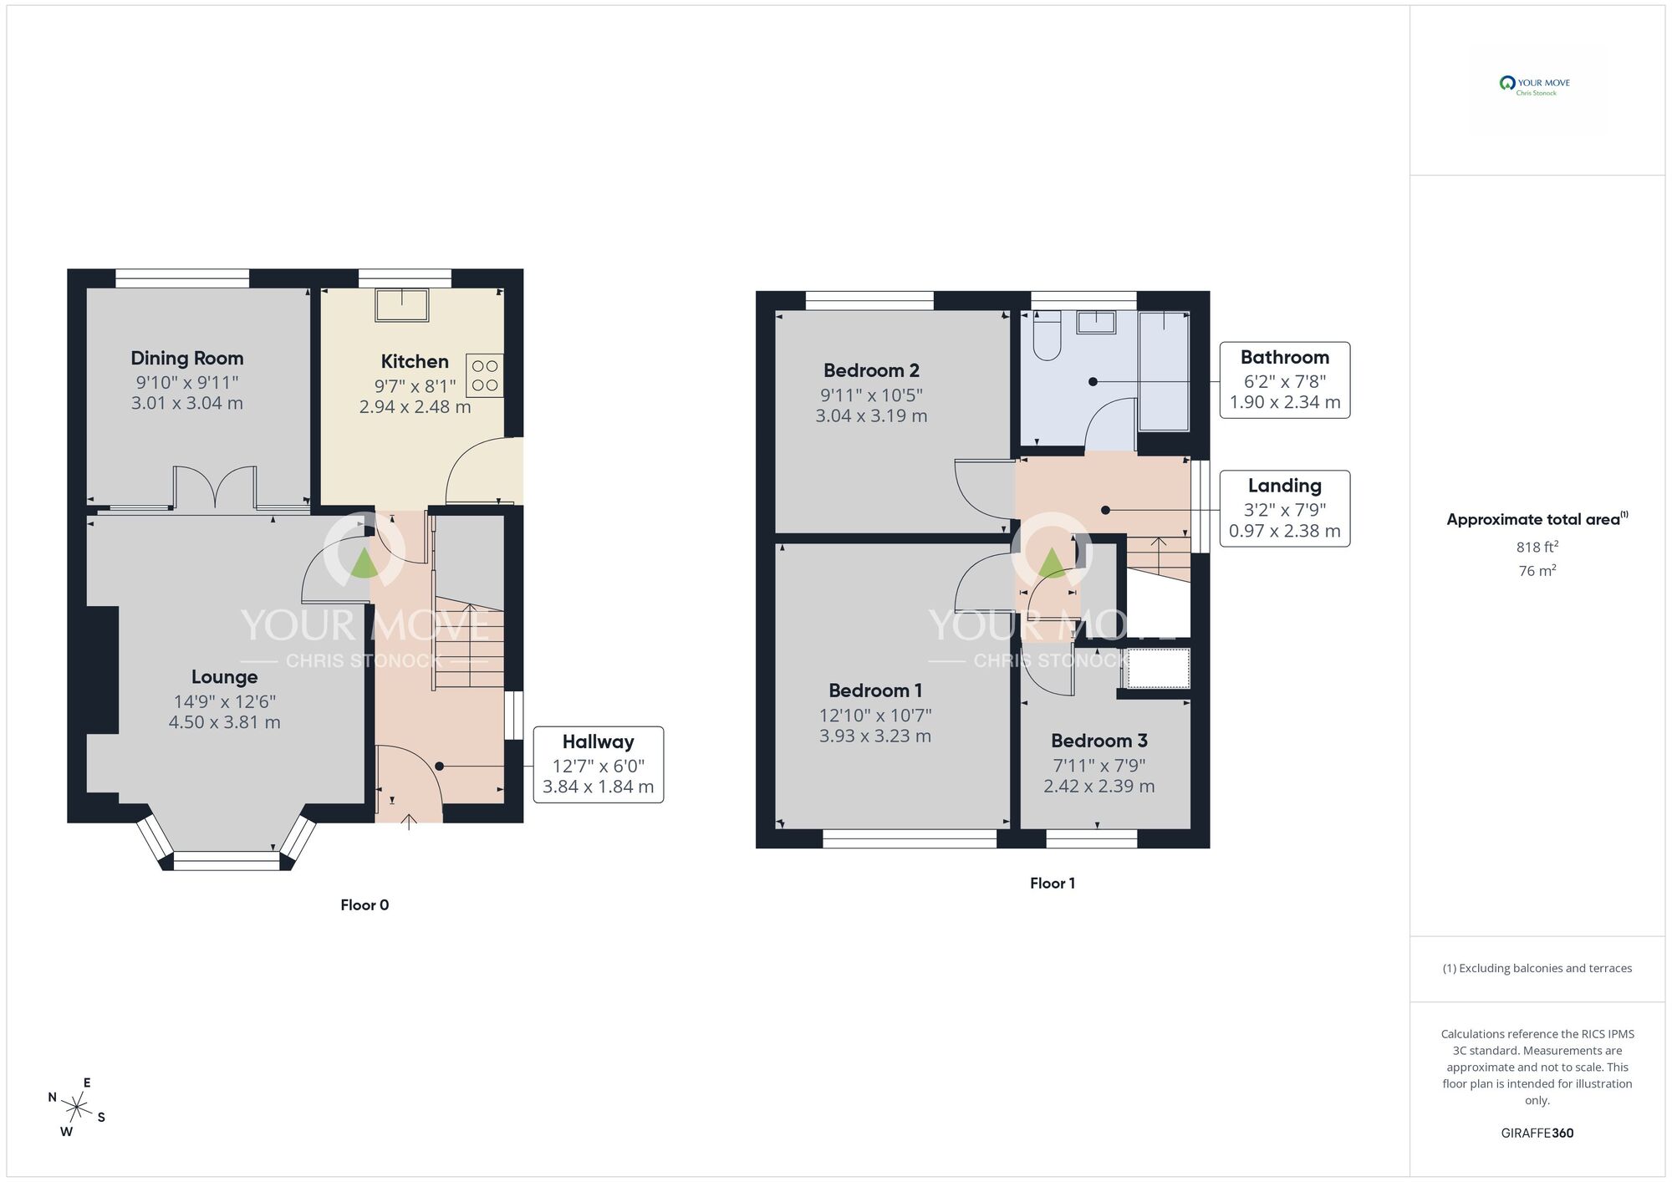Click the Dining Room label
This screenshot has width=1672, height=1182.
tap(187, 359)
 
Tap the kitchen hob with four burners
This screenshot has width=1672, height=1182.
tap(486, 375)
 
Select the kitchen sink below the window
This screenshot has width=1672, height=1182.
tap(402, 304)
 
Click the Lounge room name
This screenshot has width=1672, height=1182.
tap(224, 677)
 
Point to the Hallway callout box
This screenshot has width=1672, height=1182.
tap(599, 765)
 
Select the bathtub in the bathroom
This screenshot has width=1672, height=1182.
tap(1165, 371)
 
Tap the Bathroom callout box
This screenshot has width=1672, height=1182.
tap(1285, 380)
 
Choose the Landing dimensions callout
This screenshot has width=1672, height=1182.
tap(1285, 508)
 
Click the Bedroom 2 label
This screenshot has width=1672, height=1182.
tap(871, 370)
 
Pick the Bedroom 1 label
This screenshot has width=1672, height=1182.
tap(875, 690)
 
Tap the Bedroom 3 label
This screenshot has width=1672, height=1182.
tap(1099, 741)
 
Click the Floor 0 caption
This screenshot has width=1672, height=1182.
tap(364, 904)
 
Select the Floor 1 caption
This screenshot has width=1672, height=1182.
tap(1053, 883)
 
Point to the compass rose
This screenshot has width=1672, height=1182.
tap(77, 1108)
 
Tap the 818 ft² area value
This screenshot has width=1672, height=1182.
tap(1537, 548)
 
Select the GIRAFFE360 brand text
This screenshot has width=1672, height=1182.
tap(1537, 1134)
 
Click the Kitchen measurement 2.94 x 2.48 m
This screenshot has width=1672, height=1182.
tap(415, 407)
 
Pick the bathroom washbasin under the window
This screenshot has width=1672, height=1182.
tap(1096, 322)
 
